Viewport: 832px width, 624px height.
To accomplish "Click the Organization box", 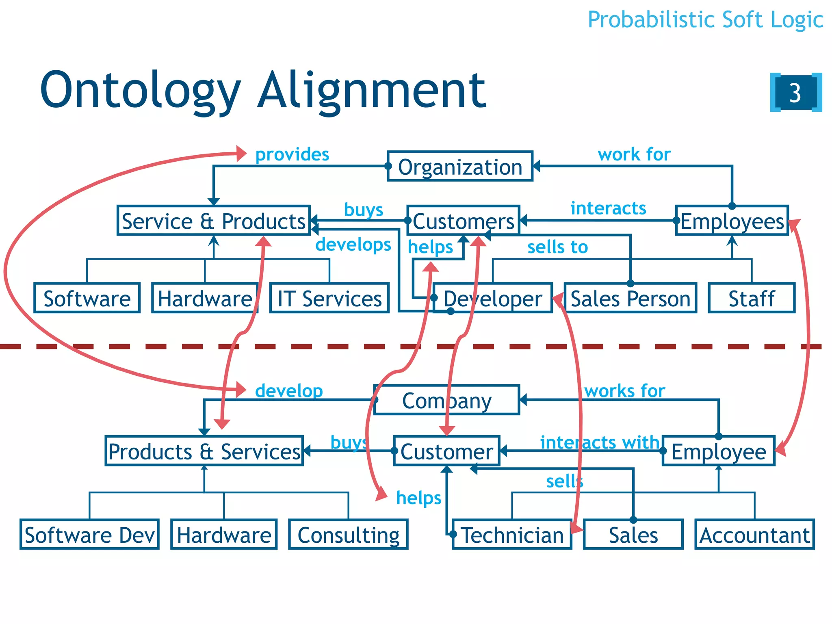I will (x=460, y=167).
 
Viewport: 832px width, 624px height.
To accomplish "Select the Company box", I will (x=446, y=401).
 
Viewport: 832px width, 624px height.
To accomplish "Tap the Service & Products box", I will (x=214, y=221).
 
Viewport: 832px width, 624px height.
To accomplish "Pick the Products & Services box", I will (x=204, y=451).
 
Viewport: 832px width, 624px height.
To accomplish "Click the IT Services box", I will (x=329, y=299).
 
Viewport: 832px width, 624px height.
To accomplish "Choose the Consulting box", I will (x=348, y=535).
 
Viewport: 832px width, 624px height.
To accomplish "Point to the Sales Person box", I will (x=630, y=299).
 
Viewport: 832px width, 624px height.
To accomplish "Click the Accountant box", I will (x=754, y=535).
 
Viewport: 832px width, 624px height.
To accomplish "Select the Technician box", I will (x=512, y=535).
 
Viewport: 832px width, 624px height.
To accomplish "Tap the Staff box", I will (x=752, y=299).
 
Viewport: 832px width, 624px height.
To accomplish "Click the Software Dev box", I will (x=89, y=535).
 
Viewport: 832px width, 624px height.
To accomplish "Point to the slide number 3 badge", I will (x=795, y=93).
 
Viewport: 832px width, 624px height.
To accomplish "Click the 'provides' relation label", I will (x=292, y=155).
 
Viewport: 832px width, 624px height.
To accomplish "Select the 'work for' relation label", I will (x=634, y=155).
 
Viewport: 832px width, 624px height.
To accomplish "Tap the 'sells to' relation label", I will (x=557, y=247).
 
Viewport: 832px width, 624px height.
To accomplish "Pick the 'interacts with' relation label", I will (x=599, y=442).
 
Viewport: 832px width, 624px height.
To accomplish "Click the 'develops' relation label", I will (x=353, y=245).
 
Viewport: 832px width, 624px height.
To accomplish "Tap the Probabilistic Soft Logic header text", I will (x=705, y=20).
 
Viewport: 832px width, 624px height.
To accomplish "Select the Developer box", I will (x=493, y=299).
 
